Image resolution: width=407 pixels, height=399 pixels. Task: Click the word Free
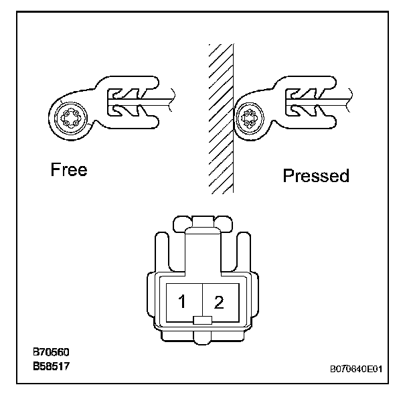pos(69,170)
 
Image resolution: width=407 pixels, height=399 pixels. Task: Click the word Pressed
pos(316,176)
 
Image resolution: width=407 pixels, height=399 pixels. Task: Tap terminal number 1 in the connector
pos(181,302)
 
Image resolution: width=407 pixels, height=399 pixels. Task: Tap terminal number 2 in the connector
pos(219,302)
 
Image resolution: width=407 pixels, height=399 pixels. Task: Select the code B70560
pos(52,352)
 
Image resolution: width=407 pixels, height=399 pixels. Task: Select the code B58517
pos(52,367)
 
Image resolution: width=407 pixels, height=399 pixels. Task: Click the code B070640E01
pos(355,368)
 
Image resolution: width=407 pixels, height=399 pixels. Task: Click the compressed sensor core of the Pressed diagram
pos(251,121)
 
